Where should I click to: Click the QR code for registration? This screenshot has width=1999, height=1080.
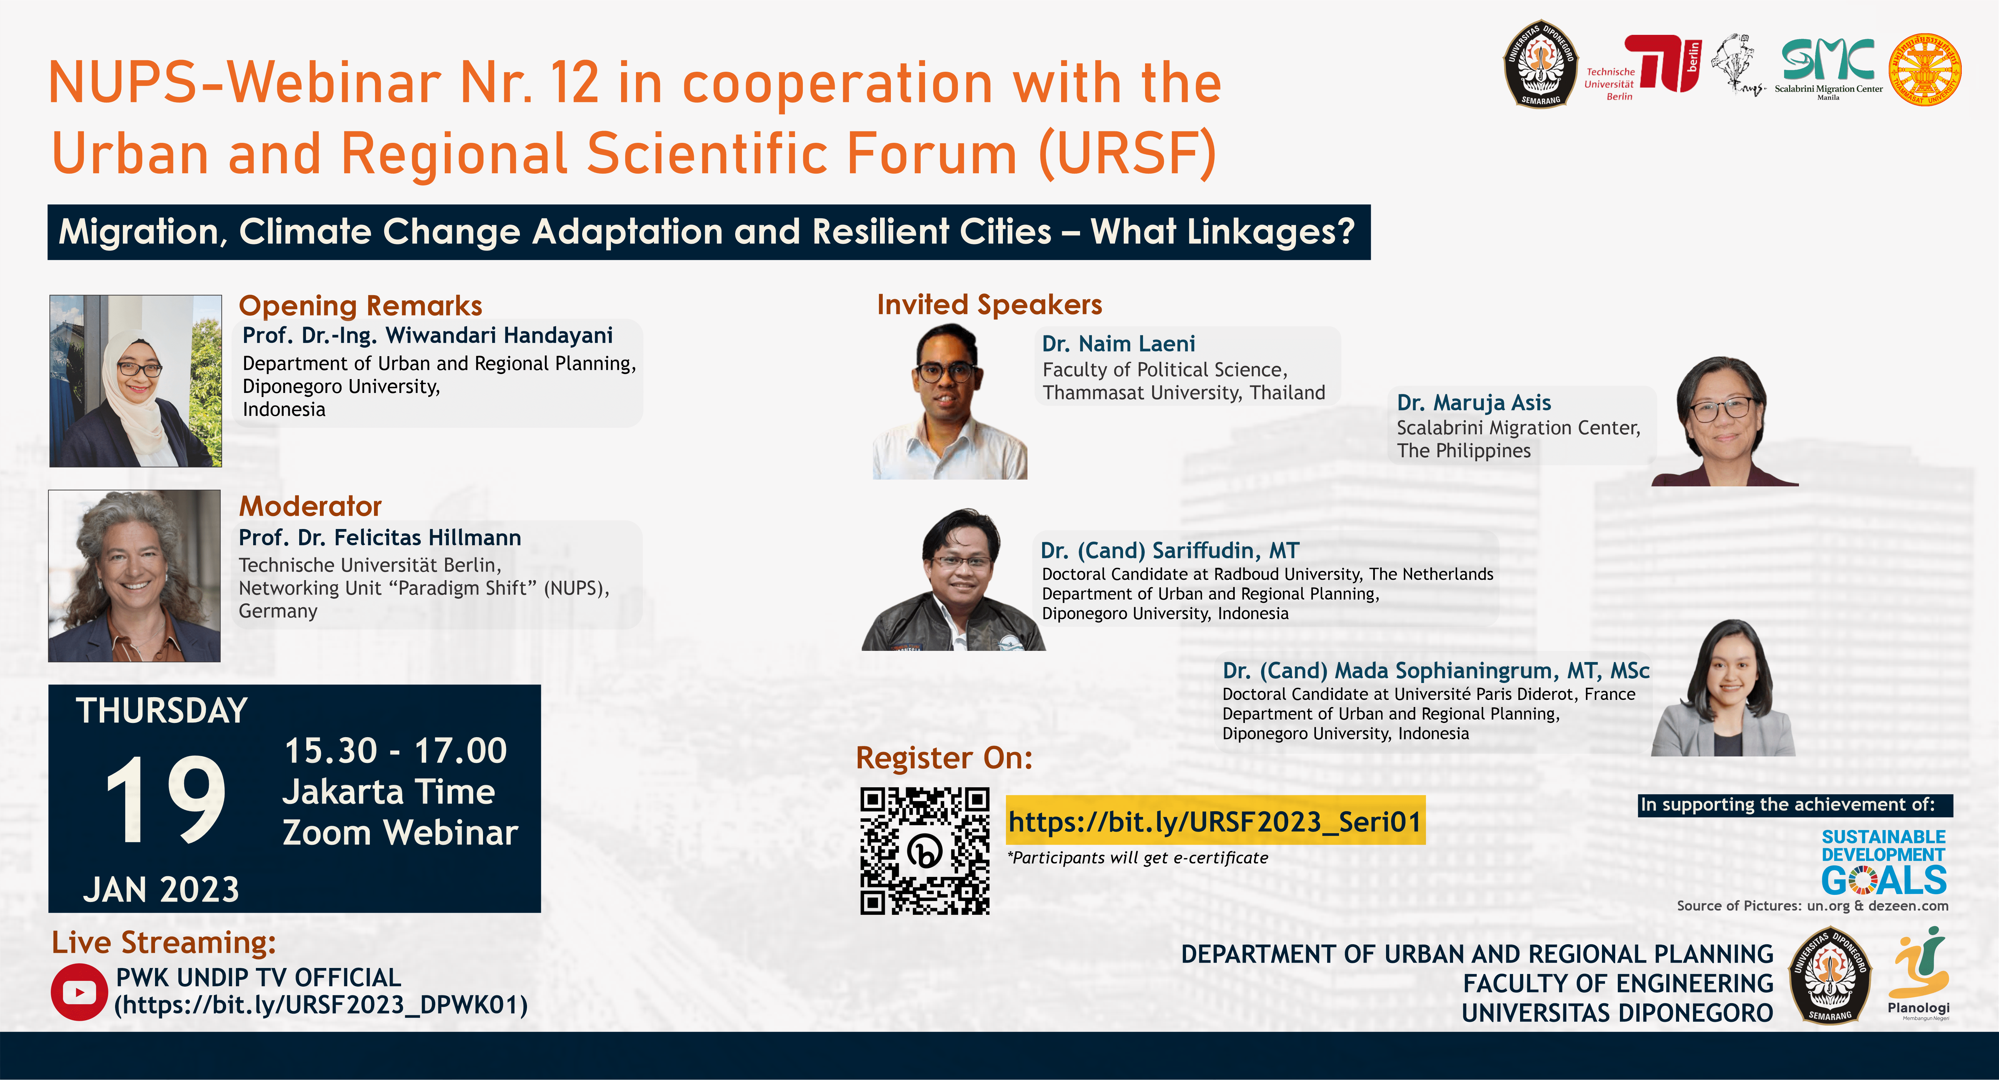(924, 851)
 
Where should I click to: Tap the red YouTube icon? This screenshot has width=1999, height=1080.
(79, 992)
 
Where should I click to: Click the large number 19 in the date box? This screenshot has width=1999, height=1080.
(165, 799)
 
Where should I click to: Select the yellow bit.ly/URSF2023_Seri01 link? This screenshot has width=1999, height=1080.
(1215, 821)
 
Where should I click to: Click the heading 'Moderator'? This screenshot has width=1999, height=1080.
(310, 506)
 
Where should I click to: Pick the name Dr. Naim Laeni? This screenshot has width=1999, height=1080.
(1118, 344)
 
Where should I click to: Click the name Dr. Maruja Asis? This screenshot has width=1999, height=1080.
(1474, 403)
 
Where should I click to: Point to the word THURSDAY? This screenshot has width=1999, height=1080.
(161, 711)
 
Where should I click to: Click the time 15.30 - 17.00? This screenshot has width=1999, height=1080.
(396, 750)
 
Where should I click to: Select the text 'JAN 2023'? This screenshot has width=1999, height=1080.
(161, 889)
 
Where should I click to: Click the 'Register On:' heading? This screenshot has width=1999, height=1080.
(944, 758)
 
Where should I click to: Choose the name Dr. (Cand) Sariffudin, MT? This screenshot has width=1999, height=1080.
(1169, 550)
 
